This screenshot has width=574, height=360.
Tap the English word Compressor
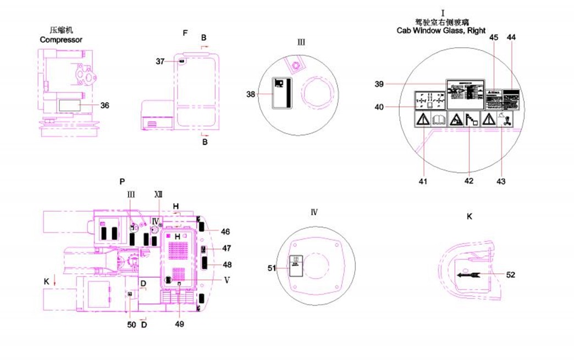point(61,40)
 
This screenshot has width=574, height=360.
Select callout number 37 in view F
point(159,62)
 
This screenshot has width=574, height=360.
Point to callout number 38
point(251,95)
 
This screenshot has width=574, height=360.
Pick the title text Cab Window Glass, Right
point(441,31)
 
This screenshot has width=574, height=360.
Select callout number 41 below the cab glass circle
point(424,180)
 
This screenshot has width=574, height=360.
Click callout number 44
point(511,37)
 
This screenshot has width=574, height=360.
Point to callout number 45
point(494,37)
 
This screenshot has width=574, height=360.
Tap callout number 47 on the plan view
point(227,248)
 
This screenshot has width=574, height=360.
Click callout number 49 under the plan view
point(180,323)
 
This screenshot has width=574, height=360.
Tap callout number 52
point(511,275)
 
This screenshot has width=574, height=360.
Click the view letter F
point(185,34)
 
